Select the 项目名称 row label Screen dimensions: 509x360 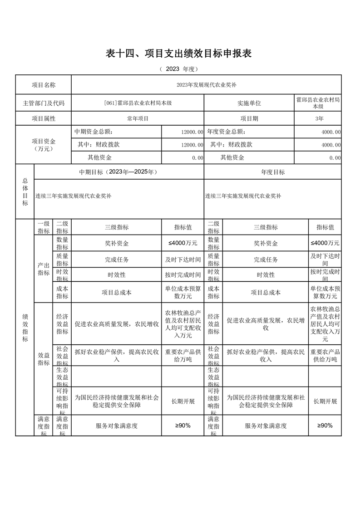44,85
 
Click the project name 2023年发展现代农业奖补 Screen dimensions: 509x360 206,85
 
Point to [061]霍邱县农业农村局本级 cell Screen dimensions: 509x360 138,103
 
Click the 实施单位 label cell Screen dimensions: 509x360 249,103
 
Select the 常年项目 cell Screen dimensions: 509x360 138,118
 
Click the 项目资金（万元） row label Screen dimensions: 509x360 44,145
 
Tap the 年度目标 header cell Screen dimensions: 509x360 273,172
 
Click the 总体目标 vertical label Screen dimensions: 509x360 25,191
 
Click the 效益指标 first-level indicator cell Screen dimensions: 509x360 44,359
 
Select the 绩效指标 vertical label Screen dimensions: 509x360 25,327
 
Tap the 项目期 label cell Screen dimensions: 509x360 249,118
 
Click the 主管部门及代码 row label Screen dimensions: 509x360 44,103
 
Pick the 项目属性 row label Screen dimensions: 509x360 44,118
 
